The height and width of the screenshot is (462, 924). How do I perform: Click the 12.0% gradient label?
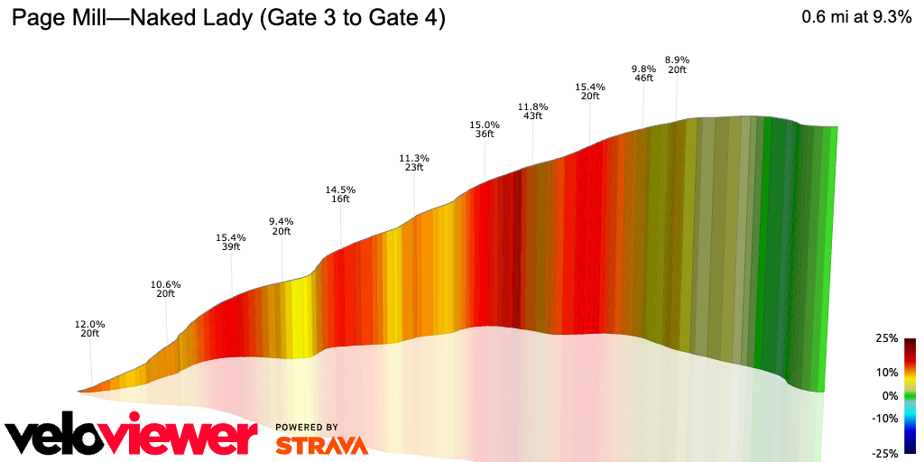click(x=90, y=324)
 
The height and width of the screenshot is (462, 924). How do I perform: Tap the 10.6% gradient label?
click(x=166, y=284)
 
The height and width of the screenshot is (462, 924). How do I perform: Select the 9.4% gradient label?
click(x=282, y=221)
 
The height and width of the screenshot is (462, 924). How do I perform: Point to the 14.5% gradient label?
click(x=340, y=189)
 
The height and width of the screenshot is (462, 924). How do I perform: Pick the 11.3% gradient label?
click(x=414, y=157)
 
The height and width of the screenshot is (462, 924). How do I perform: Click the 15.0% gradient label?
click(x=485, y=125)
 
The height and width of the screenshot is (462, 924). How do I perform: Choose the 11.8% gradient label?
click(x=532, y=106)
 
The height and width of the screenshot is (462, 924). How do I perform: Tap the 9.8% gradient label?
click(x=643, y=69)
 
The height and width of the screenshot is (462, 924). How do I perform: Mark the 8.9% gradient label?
click(x=677, y=60)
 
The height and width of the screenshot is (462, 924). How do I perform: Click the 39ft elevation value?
click(x=231, y=247)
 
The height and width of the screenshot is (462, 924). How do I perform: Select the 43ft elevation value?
click(x=532, y=116)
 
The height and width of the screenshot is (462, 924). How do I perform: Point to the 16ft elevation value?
click(x=340, y=199)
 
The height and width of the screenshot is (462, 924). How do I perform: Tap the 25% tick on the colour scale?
click(x=887, y=338)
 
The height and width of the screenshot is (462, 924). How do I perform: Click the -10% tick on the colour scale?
click(x=885, y=418)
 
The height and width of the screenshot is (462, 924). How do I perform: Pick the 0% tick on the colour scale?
click(x=890, y=395)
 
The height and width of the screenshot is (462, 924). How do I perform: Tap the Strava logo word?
click(x=320, y=445)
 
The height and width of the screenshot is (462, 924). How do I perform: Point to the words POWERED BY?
click(x=307, y=427)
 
